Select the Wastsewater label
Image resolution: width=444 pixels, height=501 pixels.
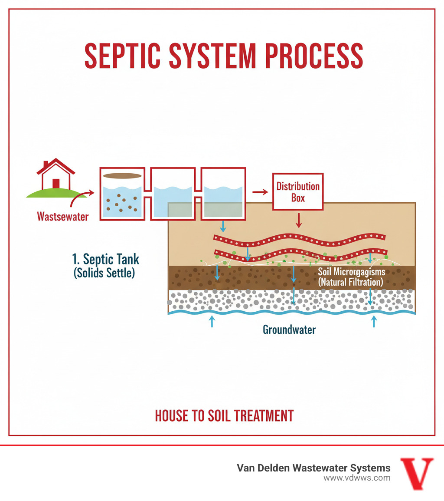click(63, 216)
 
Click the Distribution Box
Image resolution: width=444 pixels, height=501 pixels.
click(298, 192)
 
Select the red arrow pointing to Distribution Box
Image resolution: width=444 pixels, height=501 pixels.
click(260, 191)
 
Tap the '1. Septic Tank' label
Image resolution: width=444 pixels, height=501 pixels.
click(105, 259)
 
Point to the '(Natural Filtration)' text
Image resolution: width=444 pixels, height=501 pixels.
click(350, 282)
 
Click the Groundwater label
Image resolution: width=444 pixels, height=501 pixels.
click(289, 330)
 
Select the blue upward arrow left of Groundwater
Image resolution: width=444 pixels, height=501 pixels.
click(212, 321)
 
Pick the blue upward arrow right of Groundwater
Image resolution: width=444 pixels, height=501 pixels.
click(374, 321)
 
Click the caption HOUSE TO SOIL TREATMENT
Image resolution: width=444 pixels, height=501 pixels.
click(224, 415)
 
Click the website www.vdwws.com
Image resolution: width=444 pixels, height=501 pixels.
click(357, 478)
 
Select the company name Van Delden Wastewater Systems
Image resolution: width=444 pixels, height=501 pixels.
click(313, 468)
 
